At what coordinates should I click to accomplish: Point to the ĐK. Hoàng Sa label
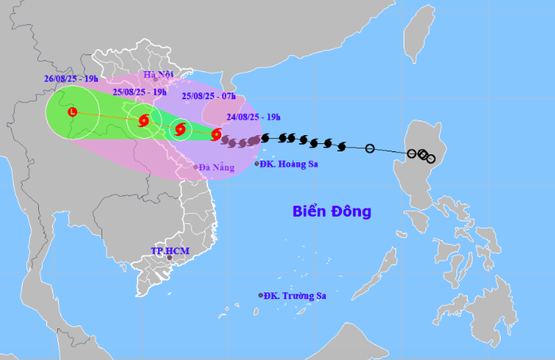tap(291, 165)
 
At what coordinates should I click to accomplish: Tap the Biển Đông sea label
tap(332, 211)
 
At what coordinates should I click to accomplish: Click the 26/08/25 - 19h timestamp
tap(71, 79)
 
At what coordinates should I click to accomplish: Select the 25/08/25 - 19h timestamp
tap(141, 91)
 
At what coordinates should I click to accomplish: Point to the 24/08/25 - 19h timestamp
tap(252, 117)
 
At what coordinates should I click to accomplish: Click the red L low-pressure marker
tap(72, 112)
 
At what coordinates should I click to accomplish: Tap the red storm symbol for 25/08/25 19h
tap(143, 121)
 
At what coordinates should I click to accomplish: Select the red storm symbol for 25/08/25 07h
tap(180, 129)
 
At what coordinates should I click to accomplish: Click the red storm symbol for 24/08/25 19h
tap(216, 135)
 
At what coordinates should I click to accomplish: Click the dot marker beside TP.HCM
tap(169, 259)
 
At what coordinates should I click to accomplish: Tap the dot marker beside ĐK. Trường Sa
tap(260, 296)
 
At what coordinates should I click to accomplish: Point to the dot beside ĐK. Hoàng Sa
tap(256, 165)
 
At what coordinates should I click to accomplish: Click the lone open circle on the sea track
tap(370, 149)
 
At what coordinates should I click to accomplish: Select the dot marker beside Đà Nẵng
tap(196, 167)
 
